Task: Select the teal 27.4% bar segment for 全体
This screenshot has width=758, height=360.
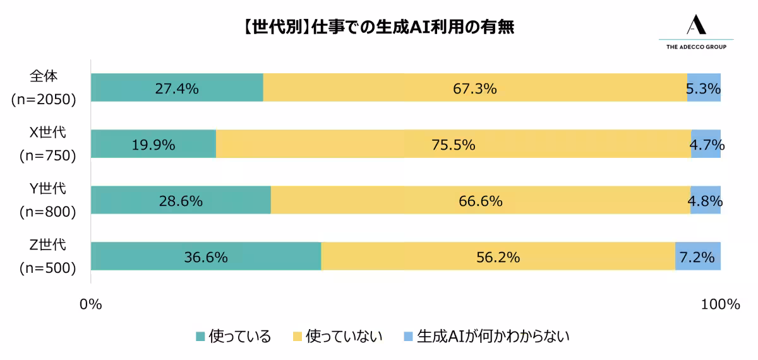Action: (x=177, y=88)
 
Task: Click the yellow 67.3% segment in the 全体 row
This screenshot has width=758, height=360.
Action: (x=475, y=88)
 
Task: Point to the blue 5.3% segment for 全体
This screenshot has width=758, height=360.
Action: (x=704, y=88)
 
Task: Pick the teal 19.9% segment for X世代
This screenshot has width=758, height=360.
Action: (x=153, y=144)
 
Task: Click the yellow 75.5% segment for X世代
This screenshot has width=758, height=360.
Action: (x=453, y=144)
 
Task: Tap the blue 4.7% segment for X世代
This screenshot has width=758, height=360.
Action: (x=706, y=144)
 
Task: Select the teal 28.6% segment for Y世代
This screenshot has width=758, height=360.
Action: (x=181, y=200)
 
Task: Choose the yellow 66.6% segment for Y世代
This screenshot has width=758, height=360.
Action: (x=480, y=200)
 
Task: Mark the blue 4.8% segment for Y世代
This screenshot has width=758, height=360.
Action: (x=706, y=200)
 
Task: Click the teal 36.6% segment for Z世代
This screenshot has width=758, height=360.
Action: (x=206, y=256)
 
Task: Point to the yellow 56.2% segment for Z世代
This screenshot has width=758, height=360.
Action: (x=498, y=256)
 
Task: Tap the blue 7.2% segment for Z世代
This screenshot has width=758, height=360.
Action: (x=698, y=256)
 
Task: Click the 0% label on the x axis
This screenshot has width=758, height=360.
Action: (x=91, y=304)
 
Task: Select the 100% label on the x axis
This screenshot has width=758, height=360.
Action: (x=719, y=304)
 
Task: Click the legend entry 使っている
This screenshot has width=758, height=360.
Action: (x=233, y=336)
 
